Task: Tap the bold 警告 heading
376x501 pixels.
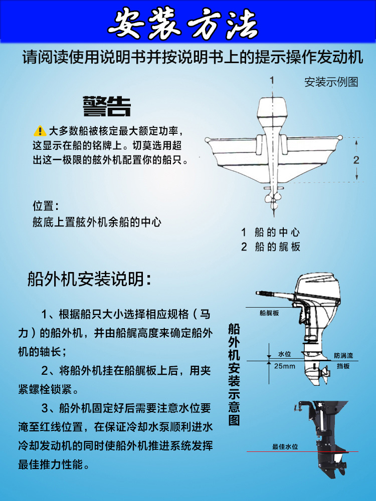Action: coord(107,106)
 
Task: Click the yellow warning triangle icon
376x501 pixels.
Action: coord(40,131)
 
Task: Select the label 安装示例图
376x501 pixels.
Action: coord(331,82)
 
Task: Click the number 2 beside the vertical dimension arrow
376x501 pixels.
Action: coord(356,160)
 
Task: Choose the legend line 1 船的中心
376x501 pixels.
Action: coord(270,232)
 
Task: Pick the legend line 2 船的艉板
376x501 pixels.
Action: coord(270,247)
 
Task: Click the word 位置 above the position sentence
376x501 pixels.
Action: coord(46,206)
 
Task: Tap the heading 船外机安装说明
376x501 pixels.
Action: coord(89,279)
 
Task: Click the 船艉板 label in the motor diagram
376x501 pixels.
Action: coord(269,313)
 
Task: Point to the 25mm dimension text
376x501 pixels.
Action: coord(285,366)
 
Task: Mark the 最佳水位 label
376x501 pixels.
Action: coord(285,446)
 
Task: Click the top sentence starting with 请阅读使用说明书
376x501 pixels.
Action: coord(192,57)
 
